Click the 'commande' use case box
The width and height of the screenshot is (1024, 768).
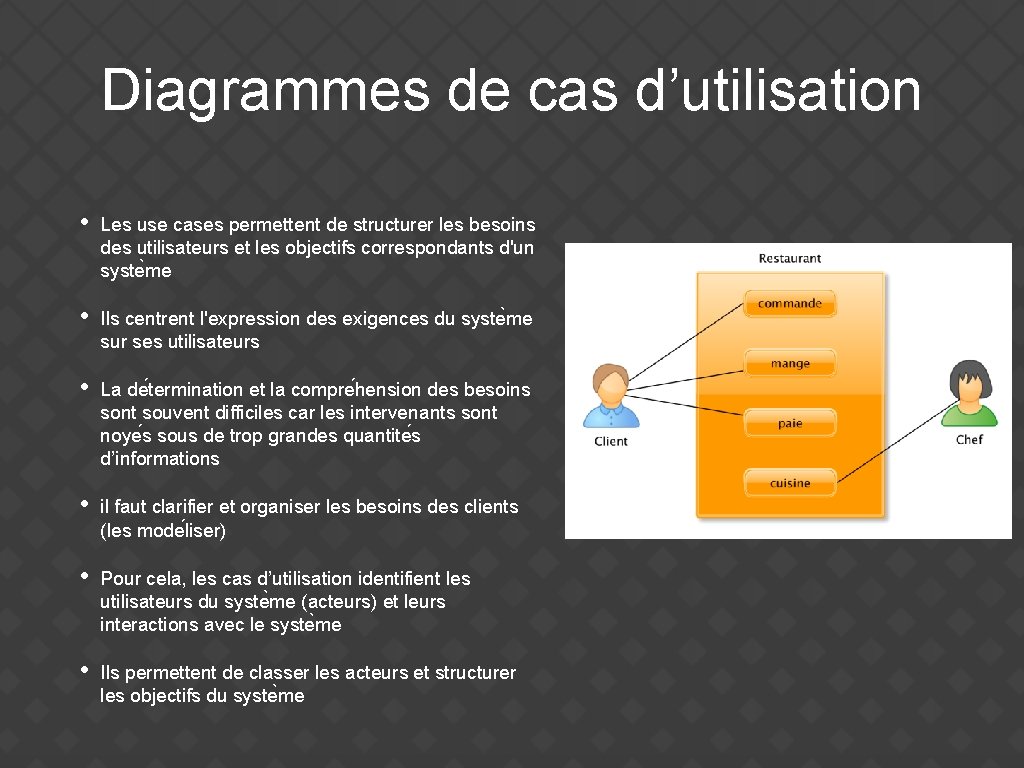tap(789, 303)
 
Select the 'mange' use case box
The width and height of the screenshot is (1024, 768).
tap(789, 364)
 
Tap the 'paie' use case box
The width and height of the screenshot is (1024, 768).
tap(789, 424)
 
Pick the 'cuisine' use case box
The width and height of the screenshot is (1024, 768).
tap(789, 483)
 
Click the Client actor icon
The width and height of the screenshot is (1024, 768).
tap(610, 396)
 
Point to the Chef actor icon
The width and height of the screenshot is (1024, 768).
tap(969, 393)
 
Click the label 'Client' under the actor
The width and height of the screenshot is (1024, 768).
tap(611, 441)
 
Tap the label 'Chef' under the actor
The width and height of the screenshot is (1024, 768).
tap(969, 439)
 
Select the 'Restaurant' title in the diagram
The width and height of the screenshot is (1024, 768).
tap(790, 258)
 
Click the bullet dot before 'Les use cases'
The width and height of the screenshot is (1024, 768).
tap(85, 222)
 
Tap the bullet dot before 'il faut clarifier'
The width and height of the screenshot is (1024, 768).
tap(85, 504)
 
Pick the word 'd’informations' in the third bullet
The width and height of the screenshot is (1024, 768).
tap(159, 459)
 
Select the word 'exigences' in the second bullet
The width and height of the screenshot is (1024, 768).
tap(386, 319)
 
